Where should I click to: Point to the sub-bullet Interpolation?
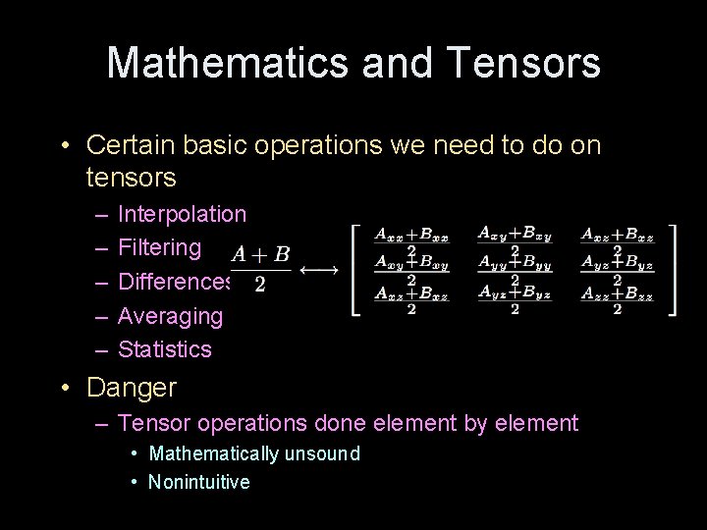click(182, 214)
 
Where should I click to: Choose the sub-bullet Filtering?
click(159, 247)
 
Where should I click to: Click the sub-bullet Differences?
click(175, 282)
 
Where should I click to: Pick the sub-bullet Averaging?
click(170, 316)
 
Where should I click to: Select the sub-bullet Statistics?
click(164, 349)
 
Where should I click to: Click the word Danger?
click(132, 388)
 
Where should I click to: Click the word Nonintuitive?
click(198, 482)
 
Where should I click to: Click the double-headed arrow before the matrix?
click(318, 268)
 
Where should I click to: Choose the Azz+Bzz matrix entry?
click(617, 298)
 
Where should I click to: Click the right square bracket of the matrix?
click(672, 270)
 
